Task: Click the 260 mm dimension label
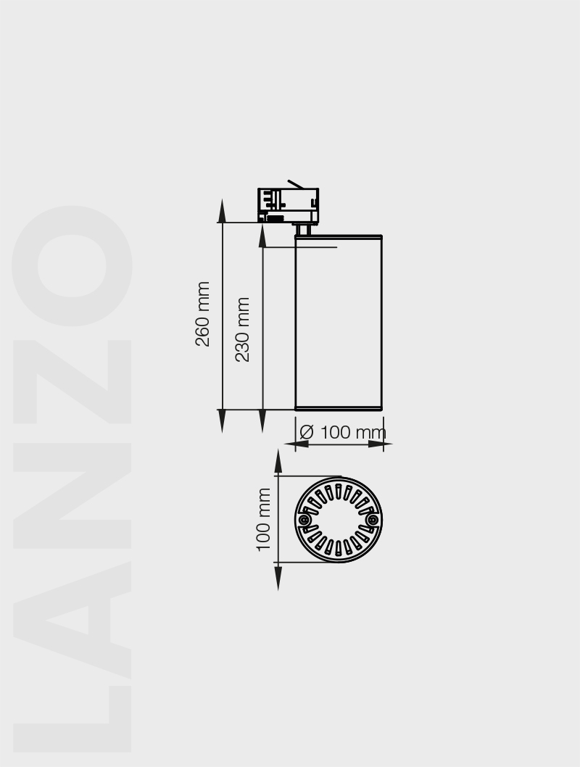[203, 314]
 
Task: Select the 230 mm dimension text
[243, 330]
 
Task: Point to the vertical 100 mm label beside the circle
[264, 519]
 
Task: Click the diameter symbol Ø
[307, 432]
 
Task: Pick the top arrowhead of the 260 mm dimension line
[223, 211]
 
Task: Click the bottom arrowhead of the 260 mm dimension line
[223, 421]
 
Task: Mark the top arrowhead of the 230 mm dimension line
[262, 235]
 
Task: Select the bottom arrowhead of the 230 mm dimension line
[262, 421]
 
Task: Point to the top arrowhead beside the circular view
[278, 462]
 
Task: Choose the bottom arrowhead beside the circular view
[278, 577]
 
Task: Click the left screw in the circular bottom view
[304, 520]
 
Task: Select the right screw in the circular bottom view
[373, 520]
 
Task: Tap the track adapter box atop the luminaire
[288, 205]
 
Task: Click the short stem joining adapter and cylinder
[304, 229]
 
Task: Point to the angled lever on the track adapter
[295, 184]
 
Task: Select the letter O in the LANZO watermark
[72, 266]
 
